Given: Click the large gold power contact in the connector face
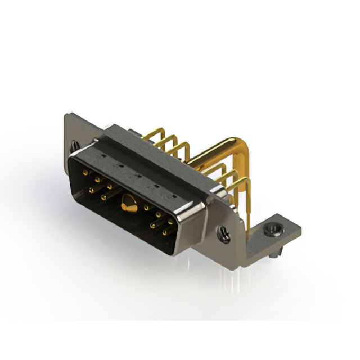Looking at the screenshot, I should pos(128,204).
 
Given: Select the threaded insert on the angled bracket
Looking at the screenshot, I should pos(274,228).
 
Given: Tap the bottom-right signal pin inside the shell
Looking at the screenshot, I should pos(166,232).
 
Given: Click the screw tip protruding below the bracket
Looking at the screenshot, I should pos(273,256).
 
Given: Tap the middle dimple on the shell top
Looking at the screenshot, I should pos(137,175).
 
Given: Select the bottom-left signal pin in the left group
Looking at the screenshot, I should pos(105,196).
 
